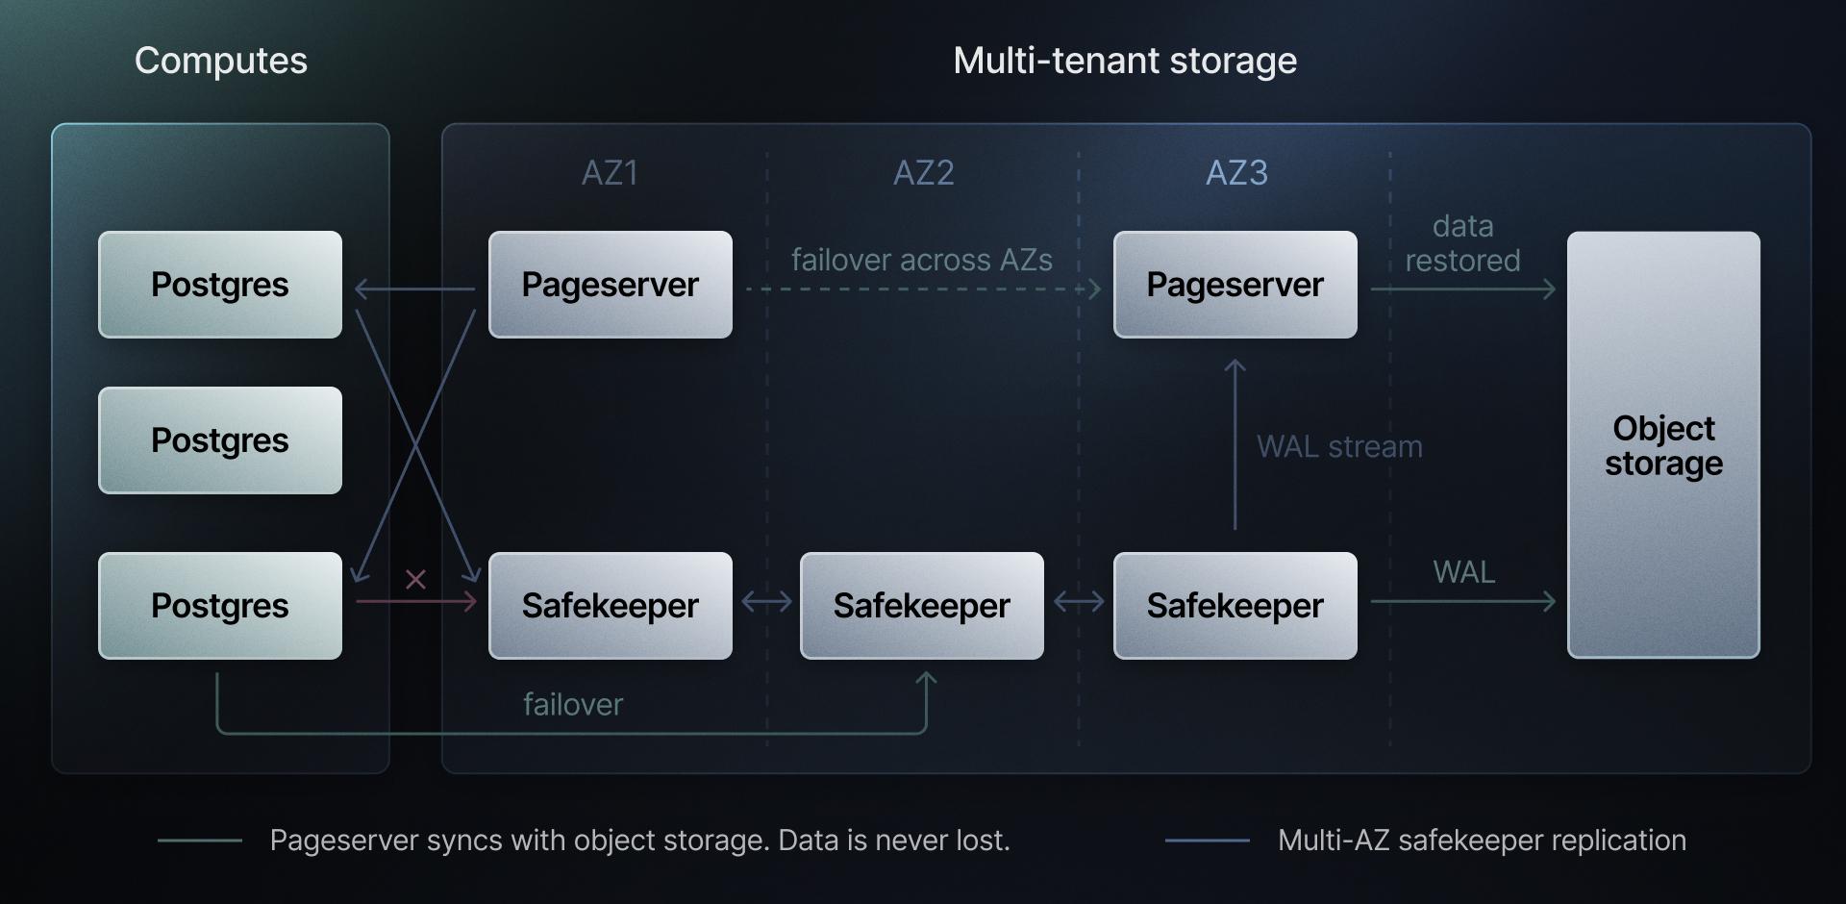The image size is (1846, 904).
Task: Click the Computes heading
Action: (220, 61)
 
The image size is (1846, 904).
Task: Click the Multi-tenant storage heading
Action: (1125, 61)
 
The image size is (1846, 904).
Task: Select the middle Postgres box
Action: (220, 440)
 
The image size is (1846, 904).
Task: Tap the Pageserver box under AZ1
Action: (610, 285)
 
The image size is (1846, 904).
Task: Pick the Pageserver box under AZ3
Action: (1235, 285)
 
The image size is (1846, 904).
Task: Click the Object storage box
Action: (1663, 444)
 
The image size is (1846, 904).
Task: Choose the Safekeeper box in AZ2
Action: (921, 606)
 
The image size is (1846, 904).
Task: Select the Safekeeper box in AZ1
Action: (610, 606)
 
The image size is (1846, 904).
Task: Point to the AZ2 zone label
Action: (923, 173)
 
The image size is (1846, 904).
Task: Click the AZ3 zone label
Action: (1236, 173)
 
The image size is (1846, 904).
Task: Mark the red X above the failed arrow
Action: (415, 579)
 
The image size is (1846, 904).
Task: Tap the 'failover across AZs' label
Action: (921, 260)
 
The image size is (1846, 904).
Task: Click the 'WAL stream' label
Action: (1339, 447)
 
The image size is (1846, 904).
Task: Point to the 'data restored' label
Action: (1462, 243)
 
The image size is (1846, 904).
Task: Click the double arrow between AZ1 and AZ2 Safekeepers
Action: (766, 602)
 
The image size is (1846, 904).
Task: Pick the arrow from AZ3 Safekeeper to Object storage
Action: (1462, 602)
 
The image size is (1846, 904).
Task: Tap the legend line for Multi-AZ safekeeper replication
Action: (1207, 841)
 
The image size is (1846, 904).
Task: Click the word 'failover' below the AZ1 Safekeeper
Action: (573, 705)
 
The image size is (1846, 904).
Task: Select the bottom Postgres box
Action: (220, 606)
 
